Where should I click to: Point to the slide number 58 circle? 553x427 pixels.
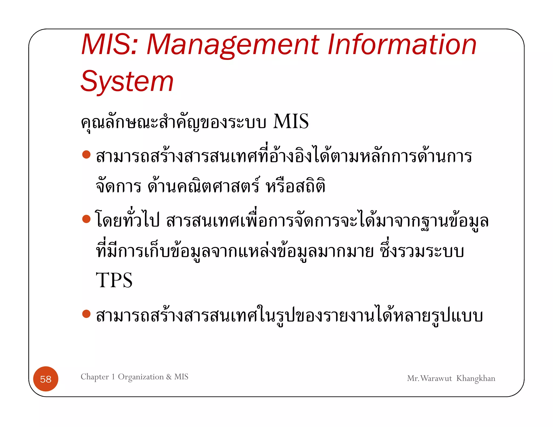(x=46, y=379)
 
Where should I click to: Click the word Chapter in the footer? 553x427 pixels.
(x=95, y=377)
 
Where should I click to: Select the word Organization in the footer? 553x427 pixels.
(x=141, y=377)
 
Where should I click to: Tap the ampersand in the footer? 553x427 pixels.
(x=169, y=377)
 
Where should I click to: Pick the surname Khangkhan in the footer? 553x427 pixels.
(x=476, y=379)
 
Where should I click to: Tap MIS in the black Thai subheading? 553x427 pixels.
(x=291, y=121)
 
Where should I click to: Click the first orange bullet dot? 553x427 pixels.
(x=86, y=155)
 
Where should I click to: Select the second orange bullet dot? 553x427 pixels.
(x=86, y=219)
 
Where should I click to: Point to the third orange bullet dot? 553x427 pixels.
(x=86, y=314)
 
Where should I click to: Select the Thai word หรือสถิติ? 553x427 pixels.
(x=295, y=186)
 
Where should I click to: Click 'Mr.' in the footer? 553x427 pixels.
(x=413, y=378)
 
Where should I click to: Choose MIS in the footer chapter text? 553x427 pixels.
(x=181, y=377)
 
